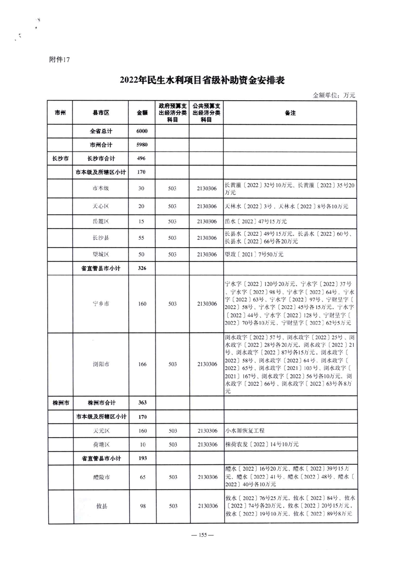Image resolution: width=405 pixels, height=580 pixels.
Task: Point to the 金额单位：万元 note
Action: tap(334, 95)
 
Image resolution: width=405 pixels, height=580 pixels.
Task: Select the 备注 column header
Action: tap(290, 113)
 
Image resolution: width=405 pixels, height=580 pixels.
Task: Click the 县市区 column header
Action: tap(101, 113)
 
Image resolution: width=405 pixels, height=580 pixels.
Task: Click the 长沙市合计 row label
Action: tap(101, 159)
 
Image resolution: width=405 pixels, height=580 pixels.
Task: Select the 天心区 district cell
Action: tap(101, 206)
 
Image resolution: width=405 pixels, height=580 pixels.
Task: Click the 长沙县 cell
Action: tap(101, 238)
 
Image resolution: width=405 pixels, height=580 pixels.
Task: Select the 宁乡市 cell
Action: tap(101, 304)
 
